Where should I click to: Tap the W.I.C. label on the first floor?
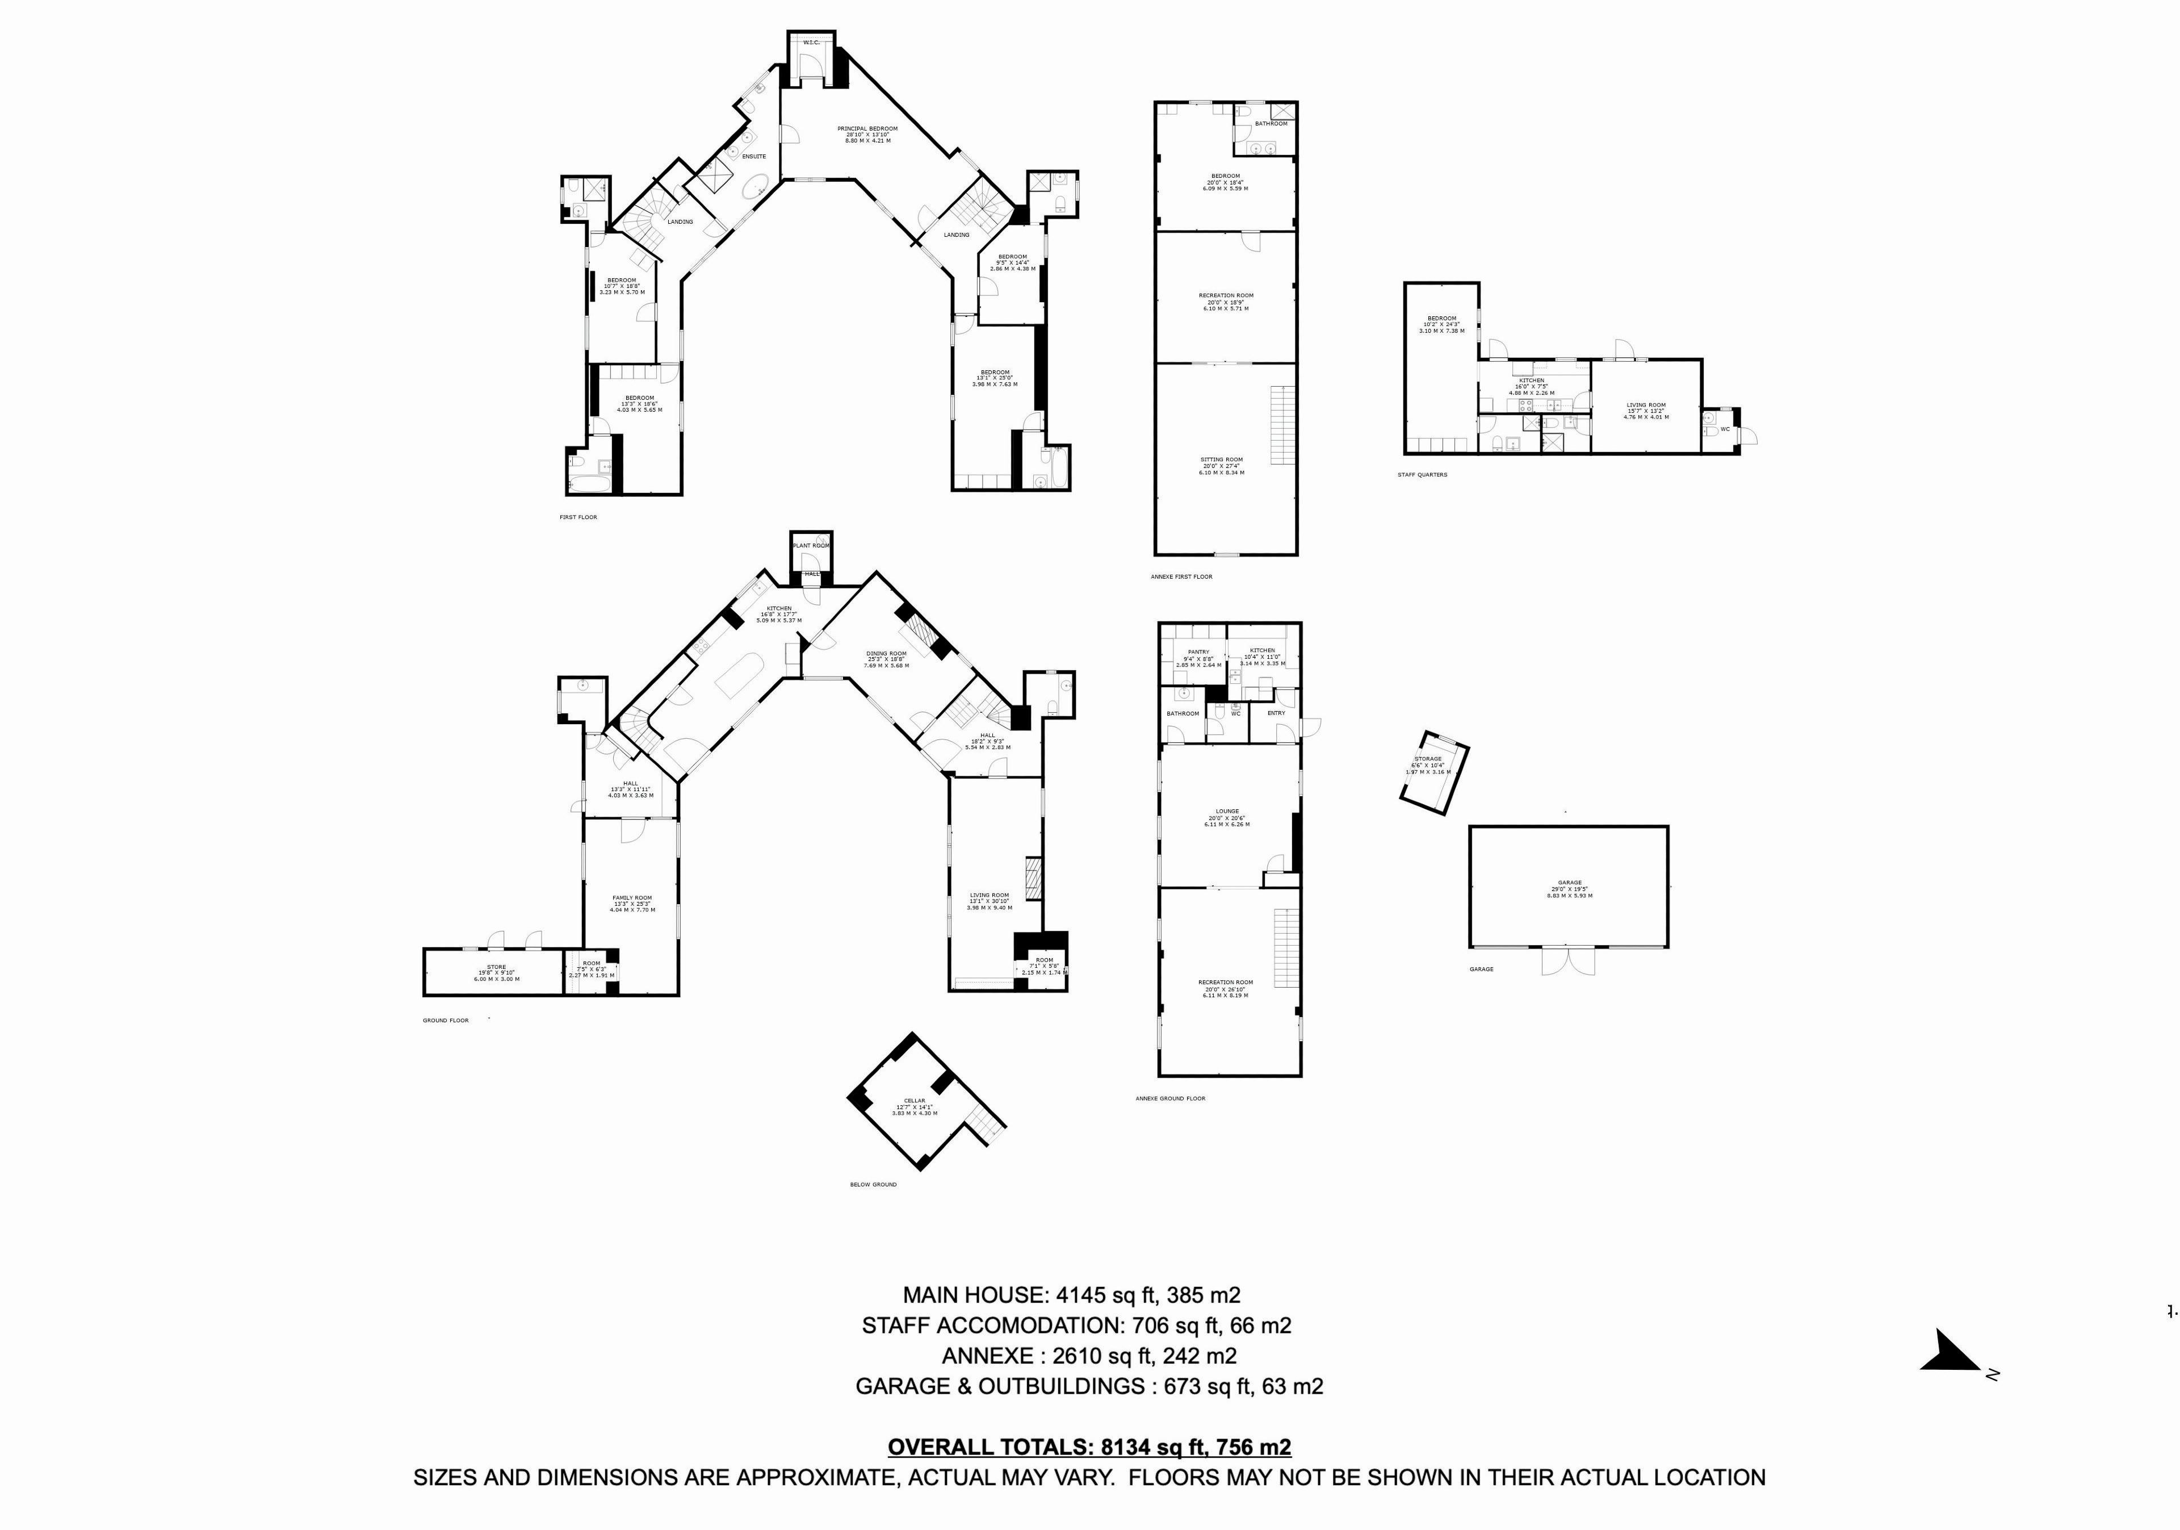811,43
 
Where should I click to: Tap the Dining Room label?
886,654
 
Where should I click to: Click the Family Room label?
631,897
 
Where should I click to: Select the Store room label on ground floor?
497,967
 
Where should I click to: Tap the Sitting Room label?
1222,459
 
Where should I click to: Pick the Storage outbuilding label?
1428,759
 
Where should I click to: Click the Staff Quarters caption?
1422,475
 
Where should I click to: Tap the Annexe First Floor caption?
1181,576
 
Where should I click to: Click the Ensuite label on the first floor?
754,157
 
